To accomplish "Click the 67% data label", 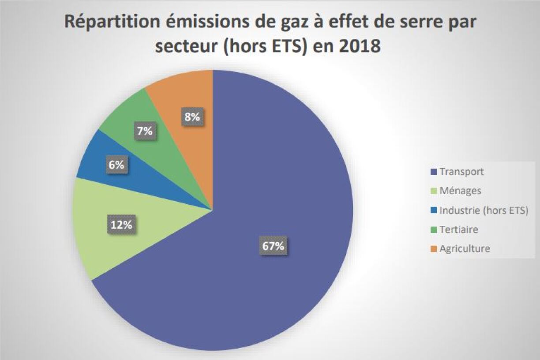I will (273, 246).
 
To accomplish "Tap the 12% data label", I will (121, 225).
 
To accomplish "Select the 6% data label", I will (116, 165).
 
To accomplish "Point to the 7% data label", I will (144, 131).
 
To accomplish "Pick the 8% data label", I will (192, 117).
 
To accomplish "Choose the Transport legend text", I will (461, 172).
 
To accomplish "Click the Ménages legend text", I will (460, 191).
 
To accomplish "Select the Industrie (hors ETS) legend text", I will (484, 210).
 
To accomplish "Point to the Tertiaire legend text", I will (459, 229).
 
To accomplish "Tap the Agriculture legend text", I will (465, 249).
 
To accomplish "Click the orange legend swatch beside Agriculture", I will (432, 249).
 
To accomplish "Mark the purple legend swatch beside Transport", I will (432, 172).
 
